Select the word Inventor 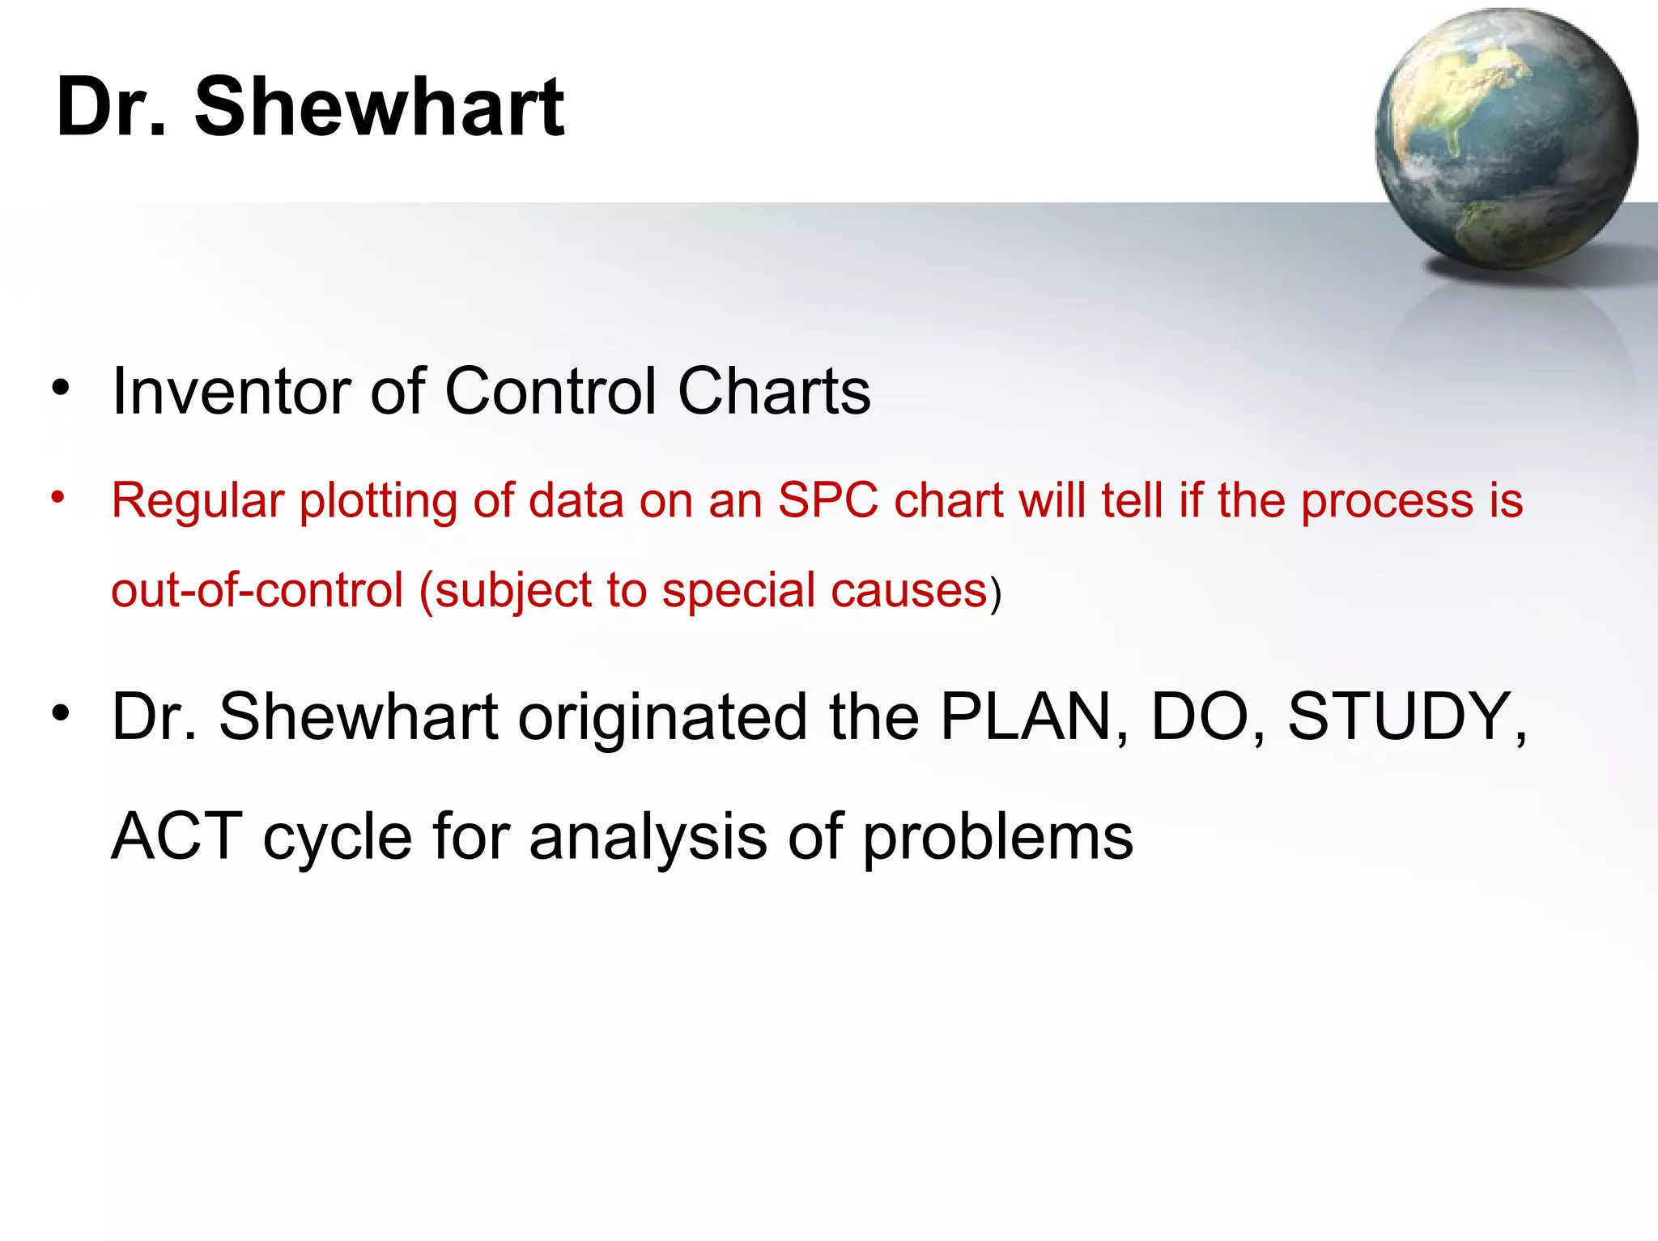pos(231,392)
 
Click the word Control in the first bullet pos(551,392)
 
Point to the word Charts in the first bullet pos(773,392)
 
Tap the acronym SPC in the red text pos(827,500)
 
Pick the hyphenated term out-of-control pos(257,589)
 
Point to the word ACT pos(176,836)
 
